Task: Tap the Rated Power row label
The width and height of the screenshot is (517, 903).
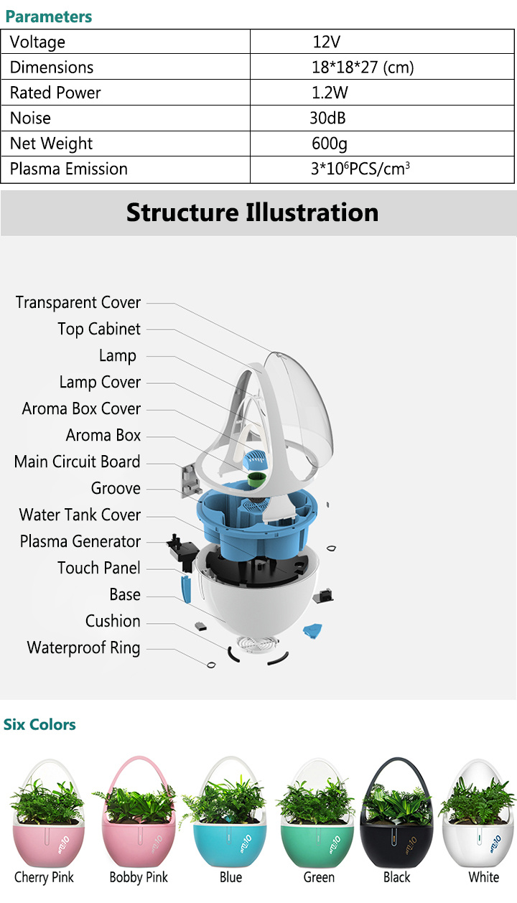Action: [x=55, y=93]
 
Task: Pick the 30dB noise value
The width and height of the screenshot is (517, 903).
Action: [x=327, y=118]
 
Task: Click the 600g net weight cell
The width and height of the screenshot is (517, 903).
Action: [x=329, y=144]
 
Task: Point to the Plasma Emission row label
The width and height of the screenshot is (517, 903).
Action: [x=69, y=169]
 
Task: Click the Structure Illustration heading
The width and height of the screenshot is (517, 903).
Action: [x=252, y=212]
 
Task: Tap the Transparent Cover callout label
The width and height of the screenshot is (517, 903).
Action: [x=78, y=302]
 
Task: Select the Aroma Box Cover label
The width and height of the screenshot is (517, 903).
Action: [x=81, y=408]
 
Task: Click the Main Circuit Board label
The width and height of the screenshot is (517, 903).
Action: [x=77, y=462]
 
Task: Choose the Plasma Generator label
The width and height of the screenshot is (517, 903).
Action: [x=80, y=541]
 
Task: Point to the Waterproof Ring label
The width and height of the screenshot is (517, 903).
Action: [x=83, y=647]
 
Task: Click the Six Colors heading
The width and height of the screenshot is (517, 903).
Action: [x=39, y=724]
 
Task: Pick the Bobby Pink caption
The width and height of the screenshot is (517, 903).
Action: [x=139, y=877]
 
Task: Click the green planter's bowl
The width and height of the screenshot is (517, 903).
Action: [x=318, y=843]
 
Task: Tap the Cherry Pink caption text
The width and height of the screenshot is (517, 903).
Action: [x=44, y=877]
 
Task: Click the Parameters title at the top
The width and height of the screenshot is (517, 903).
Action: [x=49, y=16]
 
